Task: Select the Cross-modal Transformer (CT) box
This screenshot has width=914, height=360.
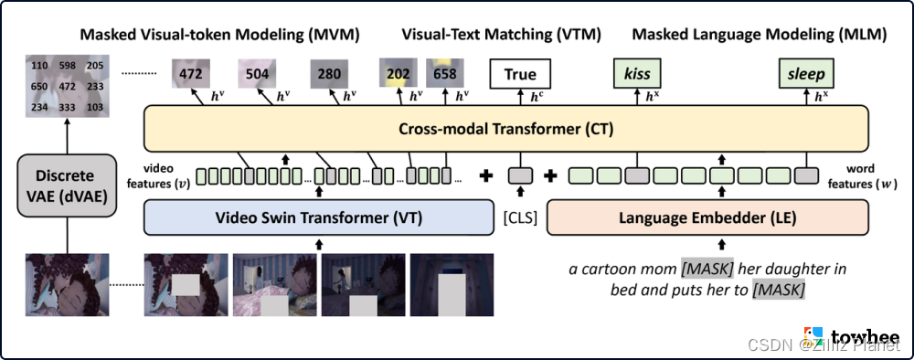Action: [x=505, y=129]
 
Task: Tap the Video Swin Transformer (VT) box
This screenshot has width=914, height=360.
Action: [x=319, y=217]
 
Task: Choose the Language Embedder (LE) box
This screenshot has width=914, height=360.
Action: [x=707, y=217]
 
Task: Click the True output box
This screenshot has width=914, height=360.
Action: [x=520, y=73]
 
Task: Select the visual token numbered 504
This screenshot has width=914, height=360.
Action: [x=257, y=73]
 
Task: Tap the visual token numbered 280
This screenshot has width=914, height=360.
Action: [x=330, y=73]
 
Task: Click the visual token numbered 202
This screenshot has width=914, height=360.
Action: [x=397, y=73]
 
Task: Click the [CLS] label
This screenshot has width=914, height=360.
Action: [x=519, y=219]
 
